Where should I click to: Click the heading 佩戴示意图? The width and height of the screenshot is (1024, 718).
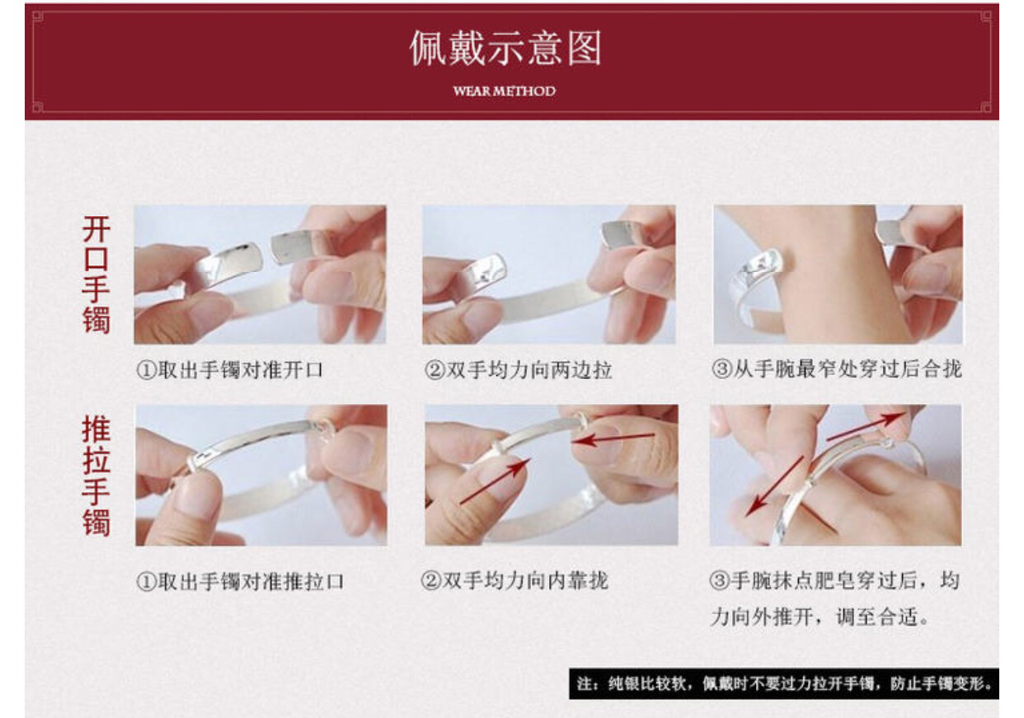pyautogui.click(x=505, y=48)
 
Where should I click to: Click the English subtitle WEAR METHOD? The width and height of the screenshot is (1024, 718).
pyautogui.click(x=505, y=91)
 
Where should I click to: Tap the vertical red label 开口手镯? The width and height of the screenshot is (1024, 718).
pyautogui.click(x=96, y=275)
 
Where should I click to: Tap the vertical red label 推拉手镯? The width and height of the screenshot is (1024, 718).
pyautogui.click(x=96, y=476)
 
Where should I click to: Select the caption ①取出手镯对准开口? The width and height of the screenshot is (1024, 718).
pyautogui.click(x=230, y=370)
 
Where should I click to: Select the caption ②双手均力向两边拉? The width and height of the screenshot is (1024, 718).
pyautogui.click(x=519, y=370)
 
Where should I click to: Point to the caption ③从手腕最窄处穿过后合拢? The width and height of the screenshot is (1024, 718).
pyautogui.click(x=837, y=368)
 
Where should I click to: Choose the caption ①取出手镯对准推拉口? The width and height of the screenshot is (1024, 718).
pyautogui.click(x=240, y=581)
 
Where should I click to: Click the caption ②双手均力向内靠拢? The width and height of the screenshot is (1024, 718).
pyautogui.click(x=514, y=580)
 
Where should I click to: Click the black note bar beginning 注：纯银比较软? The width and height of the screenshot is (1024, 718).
pyautogui.click(x=783, y=683)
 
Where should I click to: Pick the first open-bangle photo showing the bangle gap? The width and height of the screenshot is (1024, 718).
pyautogui.click(x=260, y=275)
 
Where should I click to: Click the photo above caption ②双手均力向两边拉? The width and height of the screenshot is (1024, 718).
pyautogui.click(x=549, y=275)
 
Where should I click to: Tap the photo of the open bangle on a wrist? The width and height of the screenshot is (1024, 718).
pyautogui.click(x=838, y=275)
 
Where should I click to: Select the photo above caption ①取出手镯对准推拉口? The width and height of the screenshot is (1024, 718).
pyautogui.click(x=261, y=475)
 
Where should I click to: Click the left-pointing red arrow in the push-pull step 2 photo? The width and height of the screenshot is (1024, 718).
pyautogui.click(x=613, y=439)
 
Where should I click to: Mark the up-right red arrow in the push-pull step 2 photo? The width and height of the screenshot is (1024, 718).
pyautogui.click(x=496, y=481)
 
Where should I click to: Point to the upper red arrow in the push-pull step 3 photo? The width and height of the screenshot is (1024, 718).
pyautogui.click(x=866, y=426)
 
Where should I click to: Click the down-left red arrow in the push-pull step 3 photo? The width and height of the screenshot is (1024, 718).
pyautogui.click(x=774, y=486)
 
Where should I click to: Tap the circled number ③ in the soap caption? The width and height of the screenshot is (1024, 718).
pyautogui.click(x=720, y=581)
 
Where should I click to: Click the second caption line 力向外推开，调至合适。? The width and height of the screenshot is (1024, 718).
pyautogui.click(x=820, y=617)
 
